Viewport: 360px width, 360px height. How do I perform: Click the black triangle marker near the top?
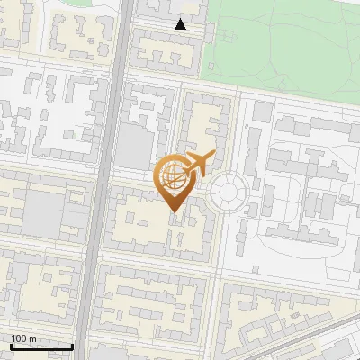181,24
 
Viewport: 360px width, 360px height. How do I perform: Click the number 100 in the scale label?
19,338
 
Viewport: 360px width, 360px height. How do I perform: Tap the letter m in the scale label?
32,338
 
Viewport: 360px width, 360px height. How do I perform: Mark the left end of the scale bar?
10,346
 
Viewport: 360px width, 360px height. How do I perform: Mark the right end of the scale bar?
72,346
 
